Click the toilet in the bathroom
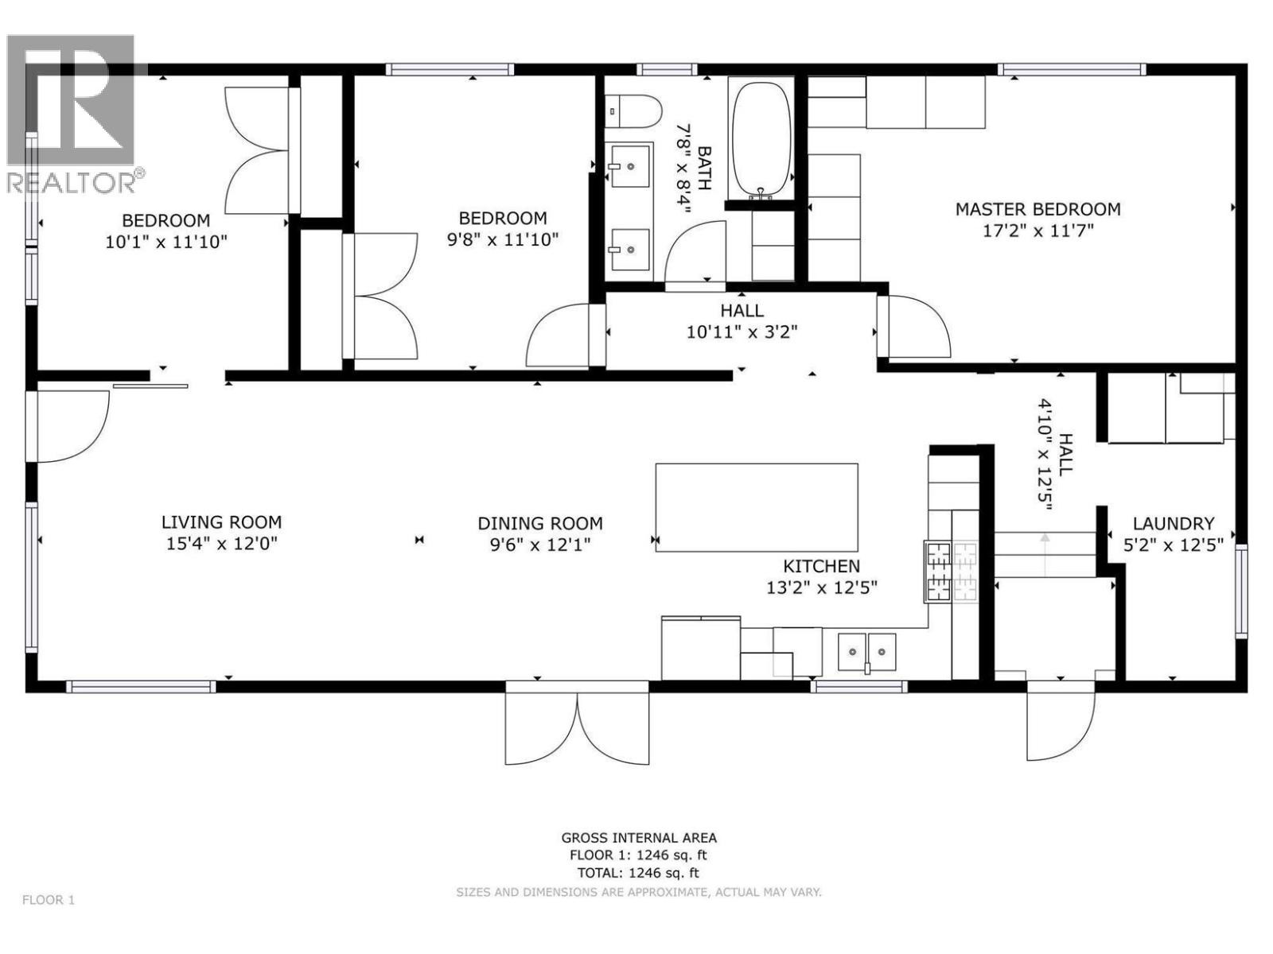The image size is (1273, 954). pos(634,112)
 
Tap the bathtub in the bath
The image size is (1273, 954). pos(761,138)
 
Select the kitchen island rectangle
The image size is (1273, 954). pos(756,507)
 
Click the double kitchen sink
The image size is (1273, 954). pos(866,651)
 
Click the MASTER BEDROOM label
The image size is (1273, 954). pos(1037,209)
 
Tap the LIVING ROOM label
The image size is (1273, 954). pos(221,522)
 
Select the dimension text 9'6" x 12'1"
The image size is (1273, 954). pos(539,545)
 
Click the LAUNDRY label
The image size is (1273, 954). pos(1173,524)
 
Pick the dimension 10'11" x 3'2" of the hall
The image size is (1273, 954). pos(742,332)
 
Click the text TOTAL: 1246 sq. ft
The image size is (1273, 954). pos(637,873)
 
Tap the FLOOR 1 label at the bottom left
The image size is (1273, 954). pos(49,900)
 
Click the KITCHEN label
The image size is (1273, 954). pos(821,566)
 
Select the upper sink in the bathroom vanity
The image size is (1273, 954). pos(630,166)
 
